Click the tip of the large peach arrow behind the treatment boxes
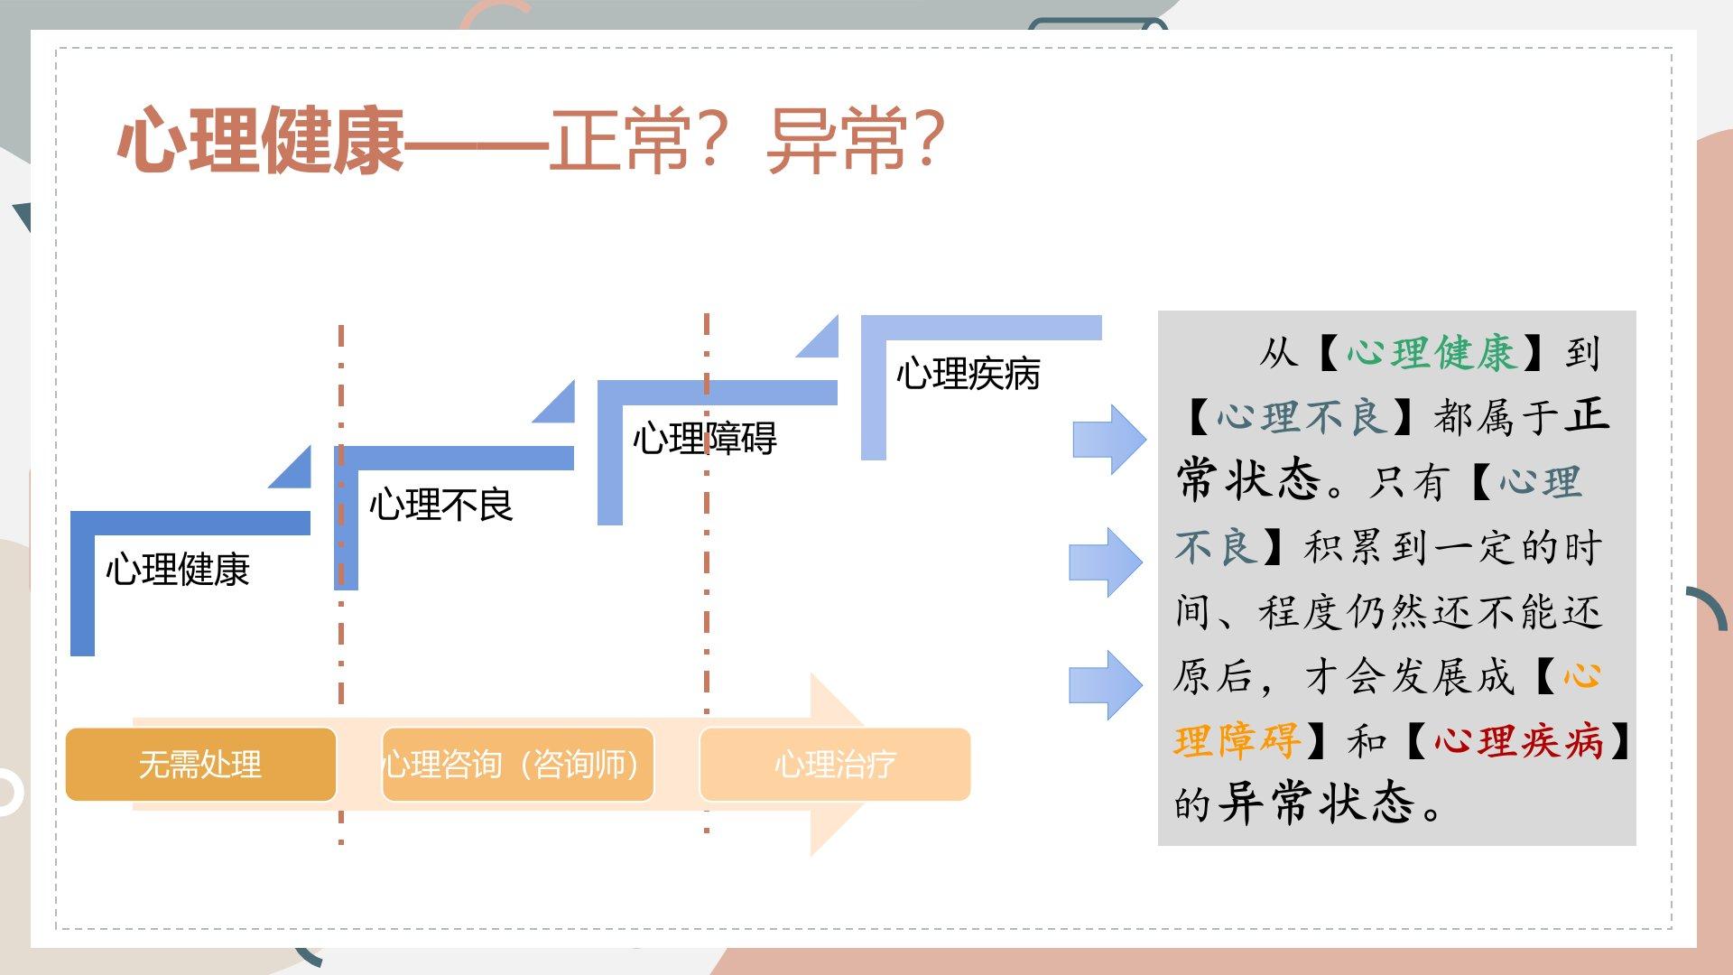point(866,764)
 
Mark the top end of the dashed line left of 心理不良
point(341,326)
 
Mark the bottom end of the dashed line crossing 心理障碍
point(707,832)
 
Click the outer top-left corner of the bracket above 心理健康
point(71,512)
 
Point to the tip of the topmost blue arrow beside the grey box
point(1146,440)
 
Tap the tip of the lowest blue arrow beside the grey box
point(1143,684)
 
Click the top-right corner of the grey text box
point(1636,311)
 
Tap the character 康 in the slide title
point(366,141)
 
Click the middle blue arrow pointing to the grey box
point(1106,562)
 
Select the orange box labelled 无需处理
point(200,765)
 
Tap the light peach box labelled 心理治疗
point(835,765)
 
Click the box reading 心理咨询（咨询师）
point(517,765)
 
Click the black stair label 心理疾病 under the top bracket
point(968,374)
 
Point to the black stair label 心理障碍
point(704,439)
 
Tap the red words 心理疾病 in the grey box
point(1518,741)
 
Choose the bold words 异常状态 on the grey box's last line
point(1315,803)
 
